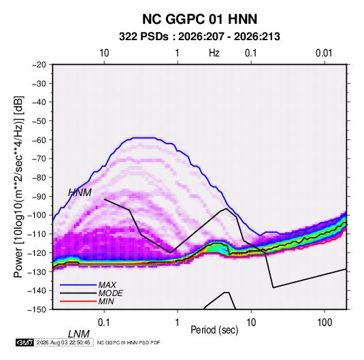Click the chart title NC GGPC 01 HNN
click(199, 19)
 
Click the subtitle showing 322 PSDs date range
click(199, 37)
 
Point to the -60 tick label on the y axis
click(39, 140)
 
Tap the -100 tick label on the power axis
click(37, 215)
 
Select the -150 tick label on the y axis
click(37, 310)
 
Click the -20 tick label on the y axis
click(39, 65)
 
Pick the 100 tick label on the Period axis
click(325, 323)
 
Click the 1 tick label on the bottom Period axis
click(178, 323)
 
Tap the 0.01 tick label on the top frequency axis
click(324, 53)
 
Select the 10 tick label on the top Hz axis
click(104, 53)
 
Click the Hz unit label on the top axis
click(214, 53)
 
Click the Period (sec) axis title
click(214, 330)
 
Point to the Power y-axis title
click(18, 187)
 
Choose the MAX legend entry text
click(107, 285)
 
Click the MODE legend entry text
click(110, 293)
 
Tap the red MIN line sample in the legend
click(78, 301)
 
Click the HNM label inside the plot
click(80, 193)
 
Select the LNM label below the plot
click(79, 334)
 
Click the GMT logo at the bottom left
click(25, 342)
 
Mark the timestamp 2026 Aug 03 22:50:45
click(63, 342)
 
